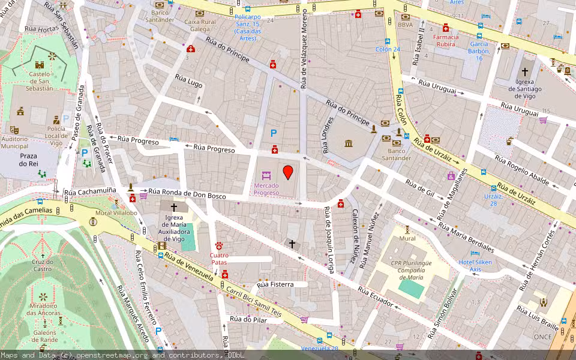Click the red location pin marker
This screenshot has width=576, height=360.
click(288, 172)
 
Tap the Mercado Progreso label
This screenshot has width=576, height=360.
click(266, 189)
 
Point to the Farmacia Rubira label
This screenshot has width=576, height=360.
click(445, 40)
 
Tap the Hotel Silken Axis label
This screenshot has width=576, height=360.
click(475, 266)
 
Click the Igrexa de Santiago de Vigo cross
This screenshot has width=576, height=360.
click(525, 71)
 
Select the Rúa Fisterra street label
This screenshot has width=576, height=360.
click(275, 284)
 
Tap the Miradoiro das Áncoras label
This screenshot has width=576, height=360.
click(43, 310)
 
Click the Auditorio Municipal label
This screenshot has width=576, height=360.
click(14, 142)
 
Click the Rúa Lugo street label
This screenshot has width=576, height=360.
click(188, 81)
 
